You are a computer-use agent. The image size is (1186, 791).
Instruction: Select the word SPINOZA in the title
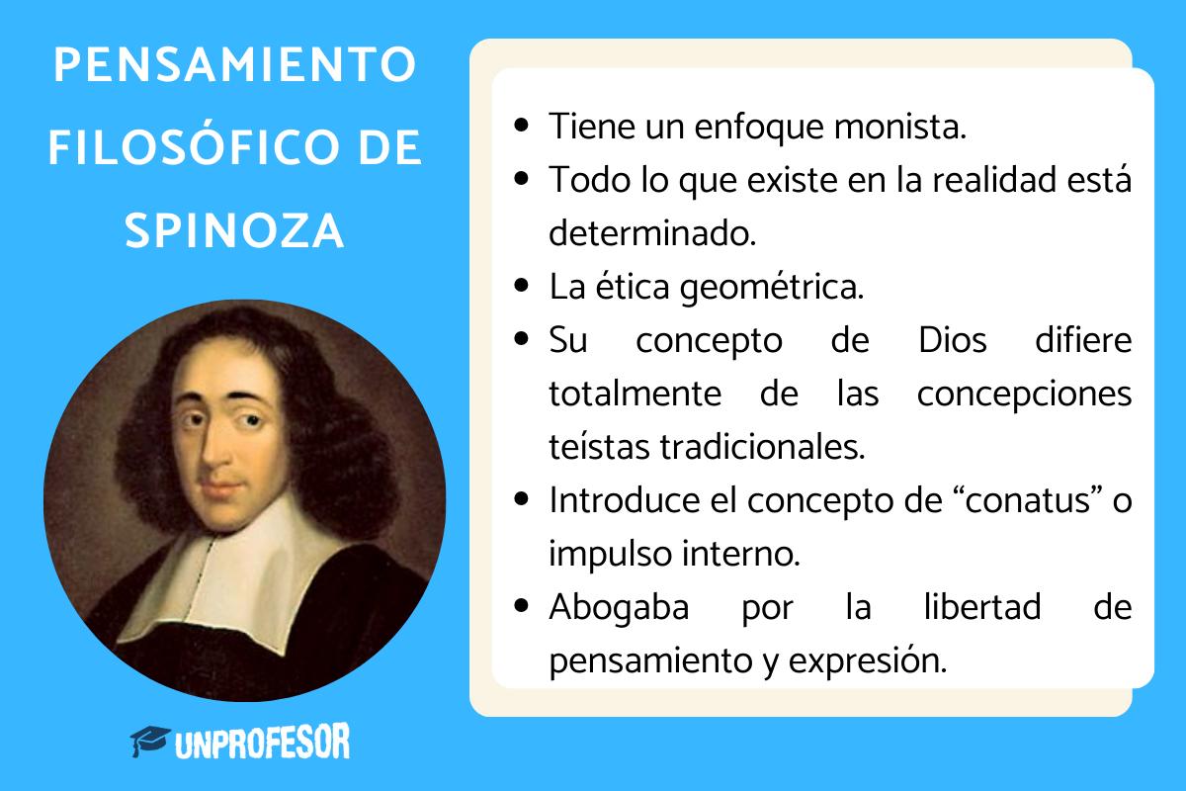pyautogui.click(x=234, y=233)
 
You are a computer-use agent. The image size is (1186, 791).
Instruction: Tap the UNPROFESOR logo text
pyautogui.click(x=262, y=742)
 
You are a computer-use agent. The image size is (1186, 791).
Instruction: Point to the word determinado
pyautogui.click(x=651, y=234)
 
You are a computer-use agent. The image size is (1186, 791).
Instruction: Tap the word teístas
pyautogui.click(x=596, y=447)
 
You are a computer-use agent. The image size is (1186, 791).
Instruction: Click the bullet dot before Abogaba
pyautogui.click(x=525, y=607)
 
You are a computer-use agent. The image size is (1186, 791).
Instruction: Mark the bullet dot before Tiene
pyautogui.click(x=525, y=128)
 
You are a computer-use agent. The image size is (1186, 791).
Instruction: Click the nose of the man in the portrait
pyautogui.click(x=213, y=450)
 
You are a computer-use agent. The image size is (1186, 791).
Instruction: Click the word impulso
pyautogui.click(x=603, y=554)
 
